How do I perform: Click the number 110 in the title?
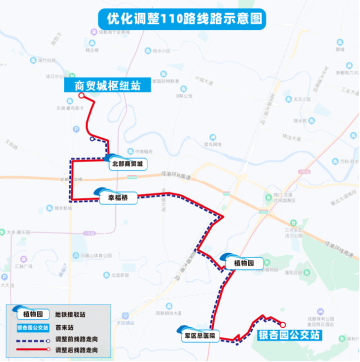[175, 18]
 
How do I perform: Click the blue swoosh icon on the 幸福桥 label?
[103, 193]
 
